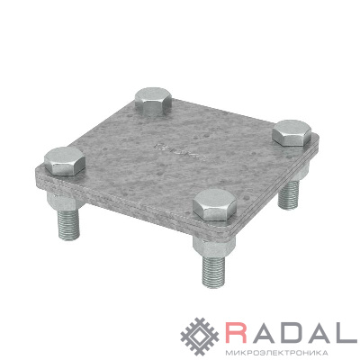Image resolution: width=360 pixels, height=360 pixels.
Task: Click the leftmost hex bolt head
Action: [65, 161]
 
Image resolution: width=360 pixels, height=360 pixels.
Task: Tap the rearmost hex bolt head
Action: [153, 102]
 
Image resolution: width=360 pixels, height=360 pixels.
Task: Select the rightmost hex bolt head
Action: [292, 133]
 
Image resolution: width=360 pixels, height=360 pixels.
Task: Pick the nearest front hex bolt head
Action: [215, 205]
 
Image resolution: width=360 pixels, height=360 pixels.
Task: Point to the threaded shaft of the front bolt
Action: [213, 272]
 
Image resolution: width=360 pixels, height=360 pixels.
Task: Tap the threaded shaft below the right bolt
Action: [288, 195]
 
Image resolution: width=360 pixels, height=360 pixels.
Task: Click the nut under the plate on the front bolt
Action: [213, 247]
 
